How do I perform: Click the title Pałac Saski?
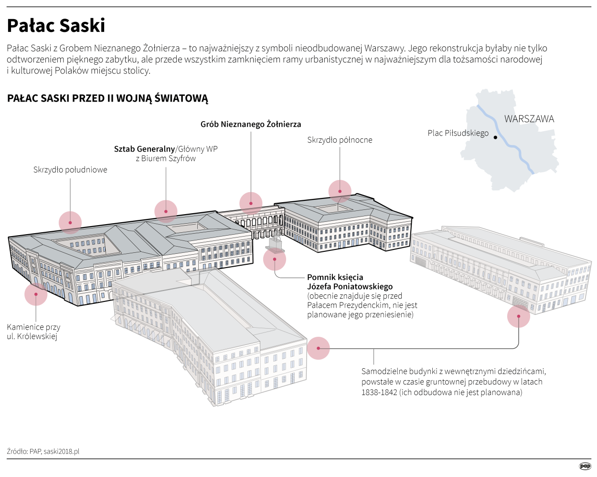[x=56, y=26]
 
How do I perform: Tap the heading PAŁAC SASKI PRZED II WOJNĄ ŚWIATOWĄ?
[x=107, y=99]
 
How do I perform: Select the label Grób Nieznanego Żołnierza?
[x=251, y=124]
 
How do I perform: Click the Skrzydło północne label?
[x=340, y=140]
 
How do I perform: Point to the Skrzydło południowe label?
[x=70, y=170]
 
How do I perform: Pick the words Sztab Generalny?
[x=144, y=149]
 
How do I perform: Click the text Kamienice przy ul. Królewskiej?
[x=33, y=332]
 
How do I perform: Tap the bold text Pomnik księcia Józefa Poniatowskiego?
[x=350, y=282]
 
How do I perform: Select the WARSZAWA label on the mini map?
[x=529, y=119]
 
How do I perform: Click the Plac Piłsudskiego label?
[x=458, y=133]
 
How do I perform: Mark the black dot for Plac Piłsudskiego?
[x=495, y=137]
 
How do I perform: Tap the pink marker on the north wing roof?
[x=340, y=191]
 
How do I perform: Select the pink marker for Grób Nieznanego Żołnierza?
[x=251, y=203]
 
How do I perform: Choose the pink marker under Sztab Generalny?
[x=166, y=211]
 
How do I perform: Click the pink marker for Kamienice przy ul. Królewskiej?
[x=36, y=294]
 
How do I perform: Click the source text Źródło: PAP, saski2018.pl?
[x=43, y=451]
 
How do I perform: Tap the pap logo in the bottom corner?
[x=585, y=466]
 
